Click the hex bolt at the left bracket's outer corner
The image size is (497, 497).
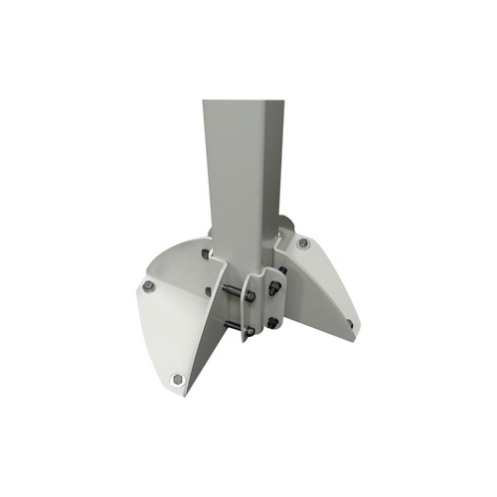pos(147,286)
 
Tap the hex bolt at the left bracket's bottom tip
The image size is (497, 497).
pos(176,378)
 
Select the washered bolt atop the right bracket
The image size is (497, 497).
pos(302,244)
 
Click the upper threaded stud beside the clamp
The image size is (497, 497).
pos(231,290)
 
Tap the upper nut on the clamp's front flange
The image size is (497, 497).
pos(251,294)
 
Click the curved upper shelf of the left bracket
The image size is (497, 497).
pos(179,260)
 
